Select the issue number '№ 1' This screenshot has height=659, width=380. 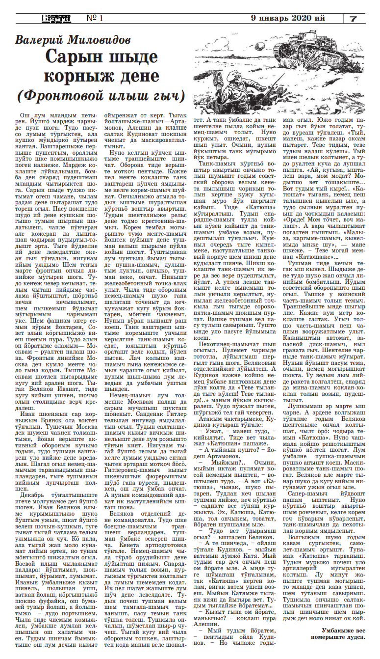pyautogui.click(x=95, y=18)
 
